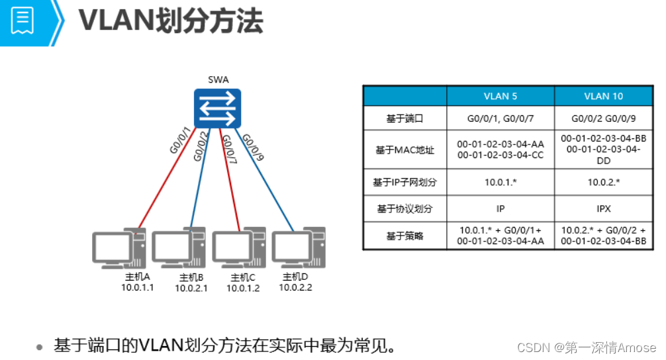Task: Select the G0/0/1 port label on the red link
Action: coord(180,140)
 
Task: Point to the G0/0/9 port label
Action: coord(254,148)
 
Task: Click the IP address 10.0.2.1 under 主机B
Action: coord(191,288)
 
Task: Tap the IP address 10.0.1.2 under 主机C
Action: coord(243,288)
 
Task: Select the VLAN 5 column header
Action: coord(500,96)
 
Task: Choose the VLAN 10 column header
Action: coord(603,96)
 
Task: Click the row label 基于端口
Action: coord(404,120)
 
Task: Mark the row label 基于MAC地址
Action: coord(404,150)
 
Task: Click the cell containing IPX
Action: coord(603,208)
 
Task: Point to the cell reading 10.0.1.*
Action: coord(500,181)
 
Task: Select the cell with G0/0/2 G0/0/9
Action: coord(603,120)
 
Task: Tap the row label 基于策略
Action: coord(404,236)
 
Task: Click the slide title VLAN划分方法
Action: coord(171,21)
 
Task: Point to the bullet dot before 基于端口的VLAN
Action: coord(40,346)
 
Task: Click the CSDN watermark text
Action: coord(586,347)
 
